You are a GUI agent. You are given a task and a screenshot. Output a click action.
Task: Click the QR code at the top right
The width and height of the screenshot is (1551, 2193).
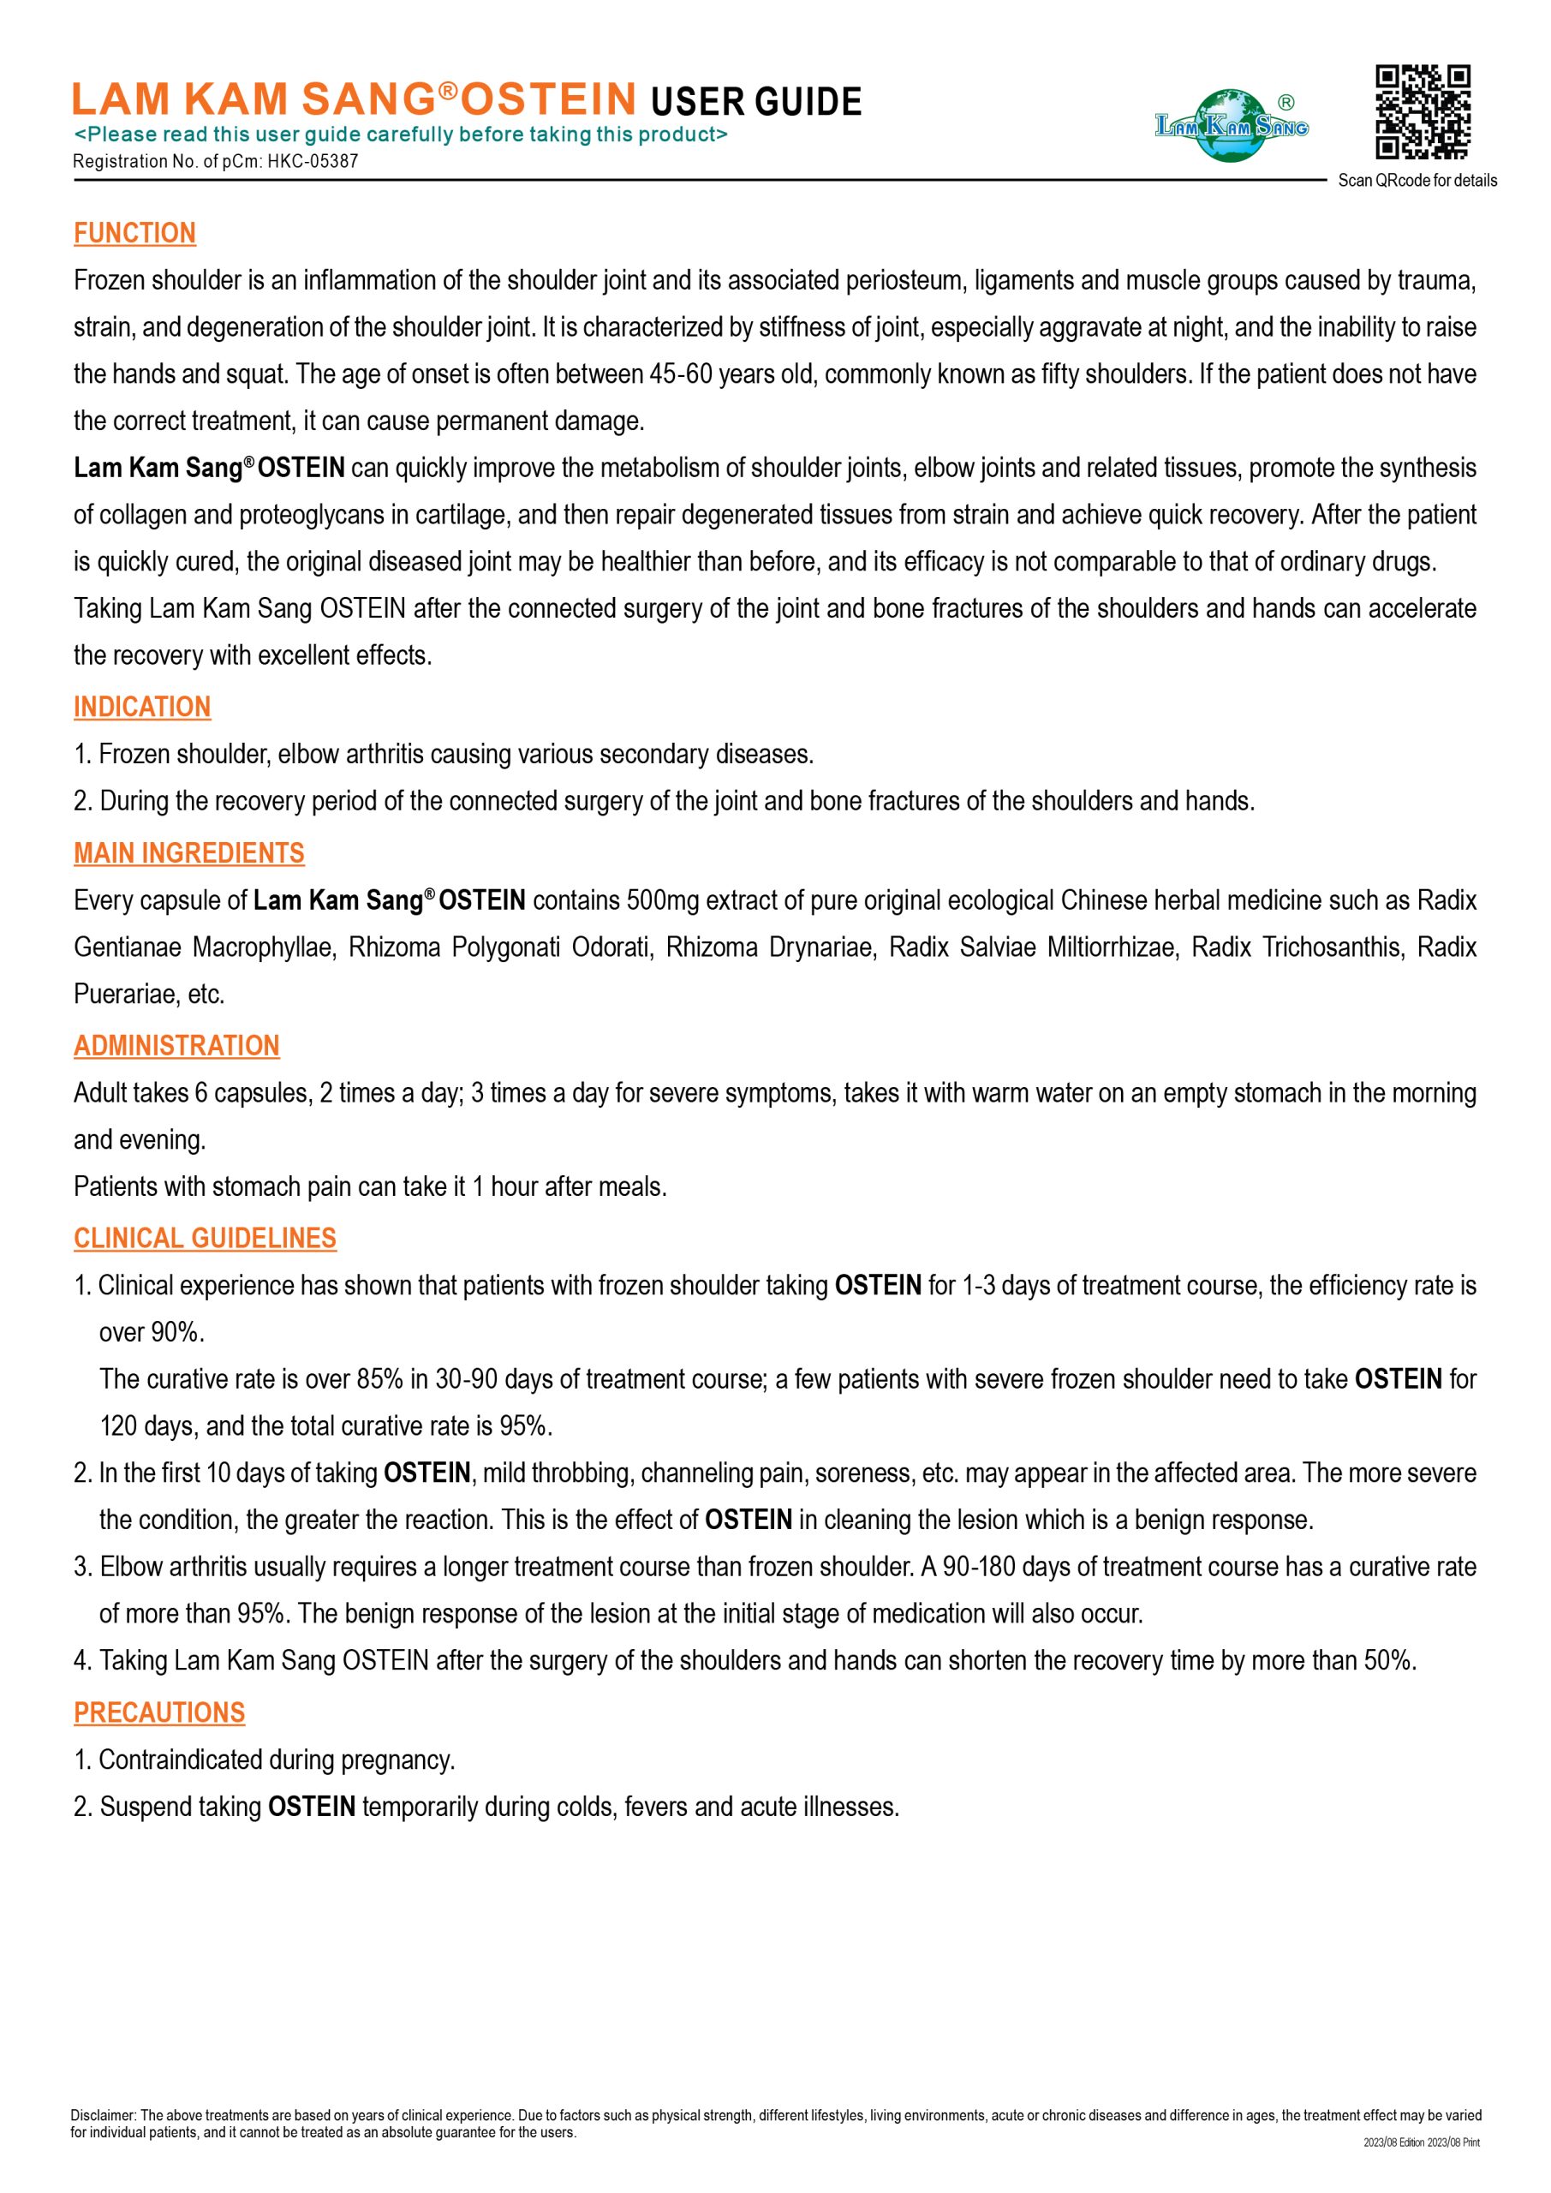pyautogui.click(x=1422, y=111)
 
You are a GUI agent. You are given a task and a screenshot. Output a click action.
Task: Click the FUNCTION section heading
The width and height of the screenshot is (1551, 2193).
pyautogui.click(x=134, y=233)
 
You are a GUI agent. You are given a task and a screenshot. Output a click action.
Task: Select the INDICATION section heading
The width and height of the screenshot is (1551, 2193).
pyautogui.click(x=142, y=707)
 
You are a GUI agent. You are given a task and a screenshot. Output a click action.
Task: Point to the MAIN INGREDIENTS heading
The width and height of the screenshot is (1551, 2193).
pyautogui.click(x=189, y=853)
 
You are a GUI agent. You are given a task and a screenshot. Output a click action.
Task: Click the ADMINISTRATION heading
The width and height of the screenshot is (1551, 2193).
pyautogui.click(x=176, y=1046)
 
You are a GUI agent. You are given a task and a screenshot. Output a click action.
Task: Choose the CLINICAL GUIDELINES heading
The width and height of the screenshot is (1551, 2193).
pyautogui.click(x=206, y=1239)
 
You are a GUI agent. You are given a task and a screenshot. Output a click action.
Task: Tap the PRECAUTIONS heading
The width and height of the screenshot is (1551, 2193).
pyautogui.click(x=159, y=1712)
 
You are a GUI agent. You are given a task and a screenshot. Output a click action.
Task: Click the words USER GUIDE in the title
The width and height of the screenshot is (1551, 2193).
pyautogui.click(x=755, y=102)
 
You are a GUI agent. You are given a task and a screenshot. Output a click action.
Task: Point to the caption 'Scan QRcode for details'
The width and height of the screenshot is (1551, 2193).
pyautogui.click(x=1417, y=181)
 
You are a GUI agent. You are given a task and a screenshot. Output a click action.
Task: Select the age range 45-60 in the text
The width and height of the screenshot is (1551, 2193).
pyautogui.click(x=681, y=374)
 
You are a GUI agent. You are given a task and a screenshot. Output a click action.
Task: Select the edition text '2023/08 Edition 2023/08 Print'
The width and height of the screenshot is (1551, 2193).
pyautogui.click(x=1421, y=2142)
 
